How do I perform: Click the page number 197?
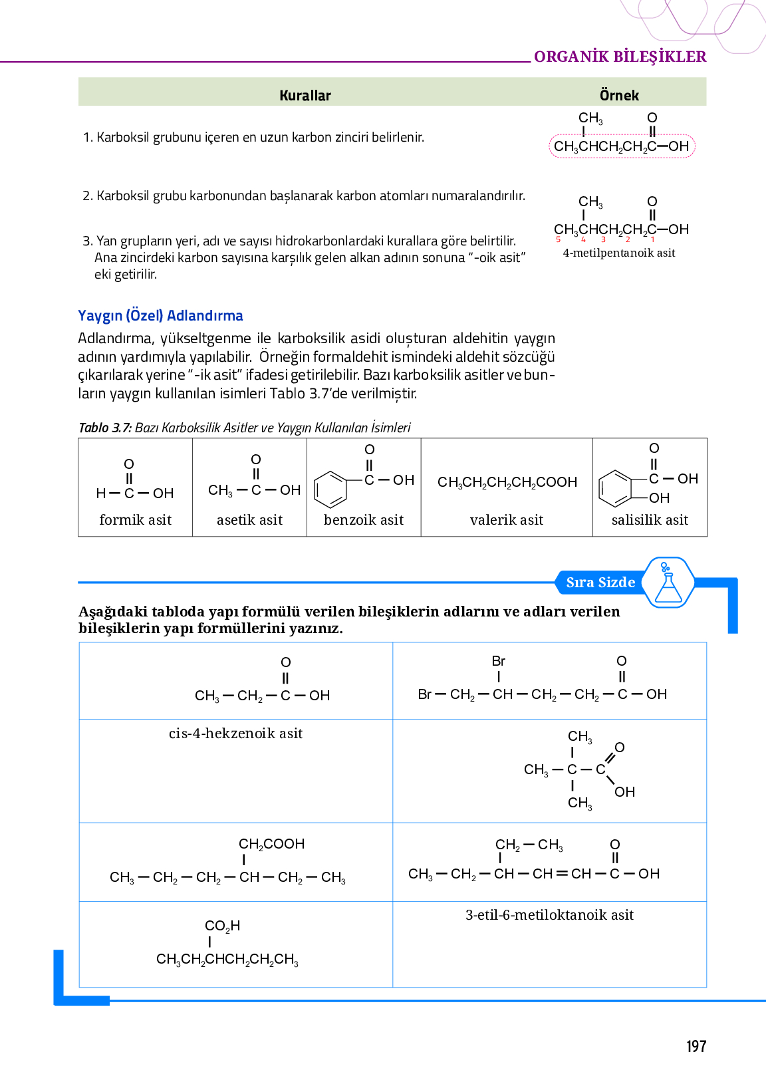pyautogui.click(x=696, y=1047)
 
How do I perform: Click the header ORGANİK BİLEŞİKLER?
pyautogui.click(x=620, y=57)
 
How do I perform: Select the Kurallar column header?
pyautogui.click(x=305, y=95)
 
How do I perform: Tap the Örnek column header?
pyautogui.click(x=618, y=95)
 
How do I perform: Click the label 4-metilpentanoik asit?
pyautogui.click(x=618, y=253)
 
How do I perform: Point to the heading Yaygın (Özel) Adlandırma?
pyautogui.click(x=160, y=315)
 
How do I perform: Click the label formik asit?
pyautogui.click(x=135, y=520)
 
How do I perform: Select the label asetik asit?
pyautogui.click(x=249, y=520)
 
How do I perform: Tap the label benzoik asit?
pyautogui.click(x=364, y=520)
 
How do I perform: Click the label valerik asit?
pyautogui.click(x=506, y=520)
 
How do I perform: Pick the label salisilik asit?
pyautogui.click(x=650, y=520)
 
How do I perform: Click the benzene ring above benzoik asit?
pyautogui.click(x=330, y=489)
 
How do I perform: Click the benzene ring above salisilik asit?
pyautogui.click(x=615, y=488)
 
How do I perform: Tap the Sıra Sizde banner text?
pyautogui.click(x=600, y=583)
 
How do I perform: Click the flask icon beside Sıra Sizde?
pyautogui.click(x=668, y=583)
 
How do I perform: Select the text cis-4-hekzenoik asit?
pyautogui.click(x=235, y=734)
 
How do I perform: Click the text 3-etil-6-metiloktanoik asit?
pyautogui.click(x=549, y=915)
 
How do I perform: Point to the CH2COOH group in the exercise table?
pyautogui.click(x=271, y=844)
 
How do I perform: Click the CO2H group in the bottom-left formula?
pyautogui.click(x=222, y=926)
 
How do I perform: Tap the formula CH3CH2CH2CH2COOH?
pyautogui.click(x=507, y=482)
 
